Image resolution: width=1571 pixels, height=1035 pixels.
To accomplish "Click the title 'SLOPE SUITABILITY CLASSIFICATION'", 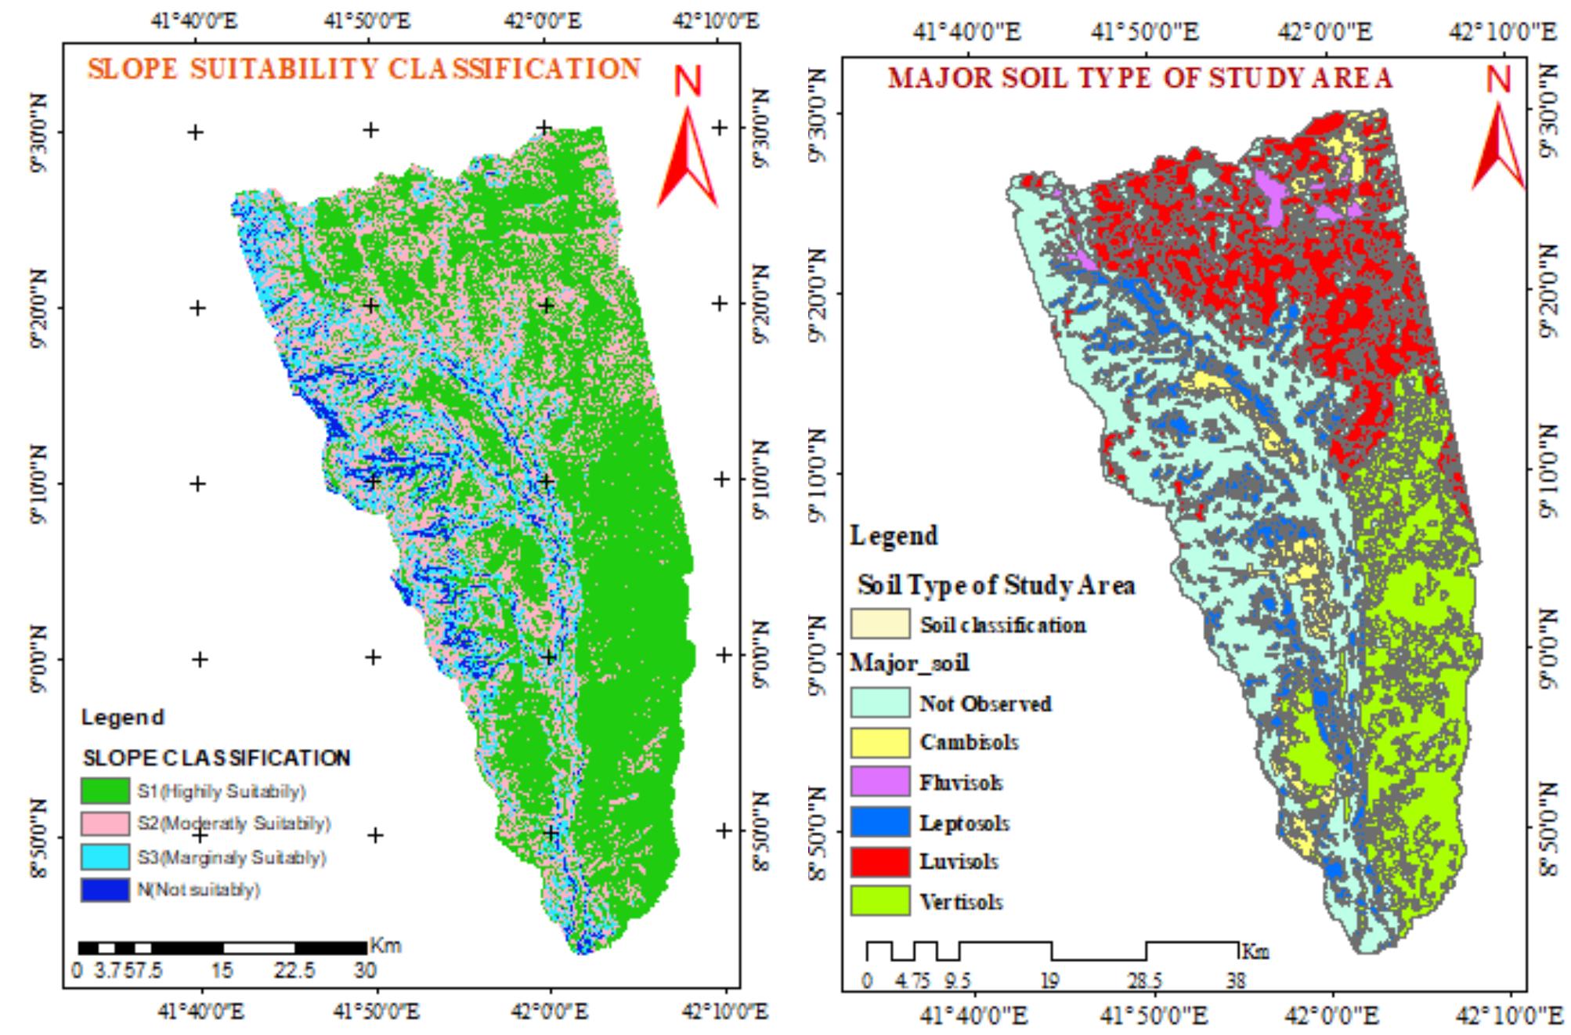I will click(364, 69).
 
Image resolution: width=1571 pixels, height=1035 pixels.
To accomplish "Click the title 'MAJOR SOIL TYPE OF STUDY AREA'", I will click(1139, 78).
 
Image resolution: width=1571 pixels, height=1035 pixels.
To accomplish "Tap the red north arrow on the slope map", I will click(688, 157).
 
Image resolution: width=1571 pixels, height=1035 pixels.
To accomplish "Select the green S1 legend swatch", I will click(105, 791).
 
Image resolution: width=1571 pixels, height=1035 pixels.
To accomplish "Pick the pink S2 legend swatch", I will click(105, 823).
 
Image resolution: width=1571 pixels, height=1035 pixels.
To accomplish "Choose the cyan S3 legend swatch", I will click(105, 857).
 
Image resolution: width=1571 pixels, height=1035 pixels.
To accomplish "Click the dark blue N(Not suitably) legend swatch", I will click(105, 890).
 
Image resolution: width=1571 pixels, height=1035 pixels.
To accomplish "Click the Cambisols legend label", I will click(969, 742).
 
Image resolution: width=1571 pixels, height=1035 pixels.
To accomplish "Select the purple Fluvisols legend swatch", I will click(880, 782).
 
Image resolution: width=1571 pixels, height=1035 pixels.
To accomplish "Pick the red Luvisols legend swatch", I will click(880, 862).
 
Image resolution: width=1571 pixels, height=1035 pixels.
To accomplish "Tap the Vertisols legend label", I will click(961, 902).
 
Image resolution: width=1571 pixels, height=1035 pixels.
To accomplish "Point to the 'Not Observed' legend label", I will click(985, 704).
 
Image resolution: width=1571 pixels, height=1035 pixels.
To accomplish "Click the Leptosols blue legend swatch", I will click(880, 823).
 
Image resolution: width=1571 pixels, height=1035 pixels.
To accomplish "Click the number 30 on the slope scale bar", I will click(365, 971).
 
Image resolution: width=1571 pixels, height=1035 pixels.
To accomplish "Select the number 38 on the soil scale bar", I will click(1236, 980).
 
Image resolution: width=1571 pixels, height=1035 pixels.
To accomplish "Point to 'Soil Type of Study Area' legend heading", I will click(996, 584).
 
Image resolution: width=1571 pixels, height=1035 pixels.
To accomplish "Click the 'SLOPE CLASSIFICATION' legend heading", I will click(217, 758).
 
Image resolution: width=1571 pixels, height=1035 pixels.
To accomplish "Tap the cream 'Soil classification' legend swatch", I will click(880, 624).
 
